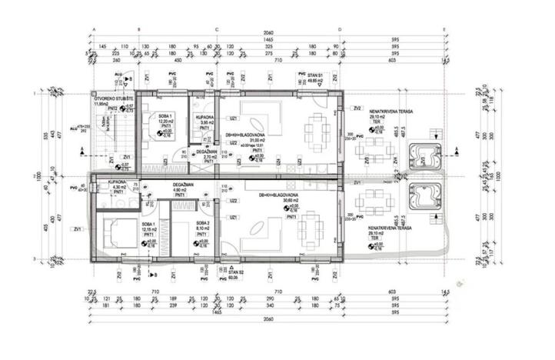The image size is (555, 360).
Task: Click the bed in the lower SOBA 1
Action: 118,228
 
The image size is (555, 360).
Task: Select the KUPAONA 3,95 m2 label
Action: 205,119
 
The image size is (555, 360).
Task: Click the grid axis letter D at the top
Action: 339,28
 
